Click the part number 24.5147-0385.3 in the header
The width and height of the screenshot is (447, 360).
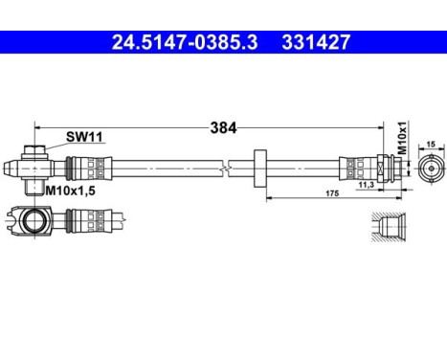(176, 42)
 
